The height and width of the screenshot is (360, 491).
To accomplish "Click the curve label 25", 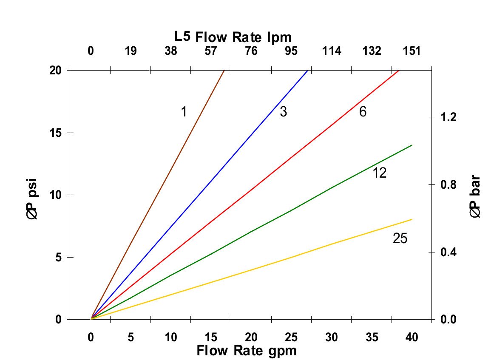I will [x=400, y=239].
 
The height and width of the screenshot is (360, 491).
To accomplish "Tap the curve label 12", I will [x=380, y=173].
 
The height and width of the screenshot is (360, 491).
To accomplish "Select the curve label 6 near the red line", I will [x=363, y=112].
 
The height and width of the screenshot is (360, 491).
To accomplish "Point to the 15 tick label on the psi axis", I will [x=56, y=133].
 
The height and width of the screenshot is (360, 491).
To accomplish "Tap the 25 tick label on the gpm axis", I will [x=292, y=337].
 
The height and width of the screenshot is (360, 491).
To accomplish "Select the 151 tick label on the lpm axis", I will [x=412, y=51].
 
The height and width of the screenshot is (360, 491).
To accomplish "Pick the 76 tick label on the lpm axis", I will [x=251, y=51].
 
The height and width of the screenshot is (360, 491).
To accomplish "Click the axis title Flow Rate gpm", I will [x=246, y=351].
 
